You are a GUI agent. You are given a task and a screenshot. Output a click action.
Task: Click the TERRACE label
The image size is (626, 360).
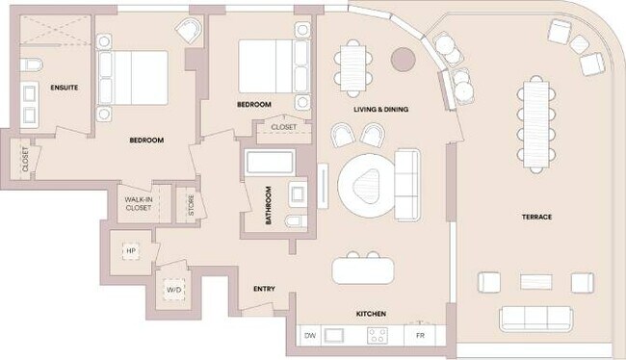pos(536,217)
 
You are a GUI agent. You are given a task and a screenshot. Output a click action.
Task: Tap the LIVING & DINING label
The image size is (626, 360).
pos(380,110)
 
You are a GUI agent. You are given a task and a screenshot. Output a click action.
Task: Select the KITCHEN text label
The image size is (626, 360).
pos(371,314)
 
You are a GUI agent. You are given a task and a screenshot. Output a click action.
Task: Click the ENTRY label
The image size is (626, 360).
pos(264,289)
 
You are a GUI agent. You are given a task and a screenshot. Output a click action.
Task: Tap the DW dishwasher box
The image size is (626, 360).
pos(310,335)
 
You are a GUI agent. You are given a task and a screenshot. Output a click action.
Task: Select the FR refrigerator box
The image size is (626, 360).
pos(420,335)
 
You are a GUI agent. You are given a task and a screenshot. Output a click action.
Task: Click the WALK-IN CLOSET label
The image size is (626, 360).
pos(139,203)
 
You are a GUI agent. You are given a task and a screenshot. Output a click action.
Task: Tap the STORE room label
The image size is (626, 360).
pos(190,202)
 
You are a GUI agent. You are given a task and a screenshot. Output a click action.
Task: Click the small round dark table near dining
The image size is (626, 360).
pos(402,59)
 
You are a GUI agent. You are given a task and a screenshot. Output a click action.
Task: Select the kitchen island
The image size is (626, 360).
pos(365,270)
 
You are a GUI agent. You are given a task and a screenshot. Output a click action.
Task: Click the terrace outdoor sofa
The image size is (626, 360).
pos(534,319)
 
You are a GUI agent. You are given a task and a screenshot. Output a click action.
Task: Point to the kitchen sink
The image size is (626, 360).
pos(336,335)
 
